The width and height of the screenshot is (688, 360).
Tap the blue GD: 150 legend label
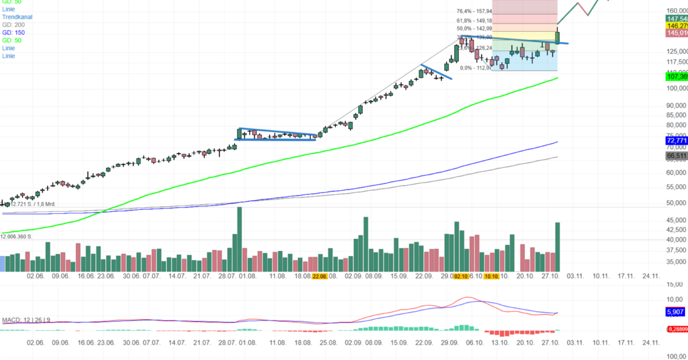(x=13, y=33)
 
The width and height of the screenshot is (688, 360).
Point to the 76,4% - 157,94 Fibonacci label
(x=474, y=11)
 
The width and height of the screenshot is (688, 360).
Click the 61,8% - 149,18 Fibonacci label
(x=474, y=20)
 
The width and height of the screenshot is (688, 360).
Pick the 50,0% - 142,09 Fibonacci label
(x=474, y=29)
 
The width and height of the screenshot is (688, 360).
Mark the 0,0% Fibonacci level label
(x=476, y=68)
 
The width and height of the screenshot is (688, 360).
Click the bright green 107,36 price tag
(x=676, y=76)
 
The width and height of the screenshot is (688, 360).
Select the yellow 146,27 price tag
(x=676, y=26)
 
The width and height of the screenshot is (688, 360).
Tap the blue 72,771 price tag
(x=676, y=140)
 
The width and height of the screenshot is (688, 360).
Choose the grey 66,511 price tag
(x=676, y=156)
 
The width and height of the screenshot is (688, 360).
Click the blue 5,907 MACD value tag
(x=674, y=312)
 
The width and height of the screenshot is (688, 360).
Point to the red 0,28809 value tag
(x=677, y=329)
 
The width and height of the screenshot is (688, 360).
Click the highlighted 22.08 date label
(x=319, y=276)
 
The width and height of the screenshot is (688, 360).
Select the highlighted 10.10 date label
(x=491, y=276)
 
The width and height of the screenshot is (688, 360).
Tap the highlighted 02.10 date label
(x=461, y=276)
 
